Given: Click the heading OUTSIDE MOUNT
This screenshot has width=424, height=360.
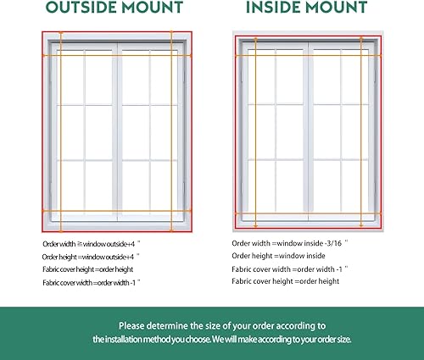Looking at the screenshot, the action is [x=114, y=8].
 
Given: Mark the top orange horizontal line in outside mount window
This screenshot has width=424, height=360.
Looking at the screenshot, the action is [x=115, y=56].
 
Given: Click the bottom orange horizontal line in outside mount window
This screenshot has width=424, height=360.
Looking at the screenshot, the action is [x=115, y=210].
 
